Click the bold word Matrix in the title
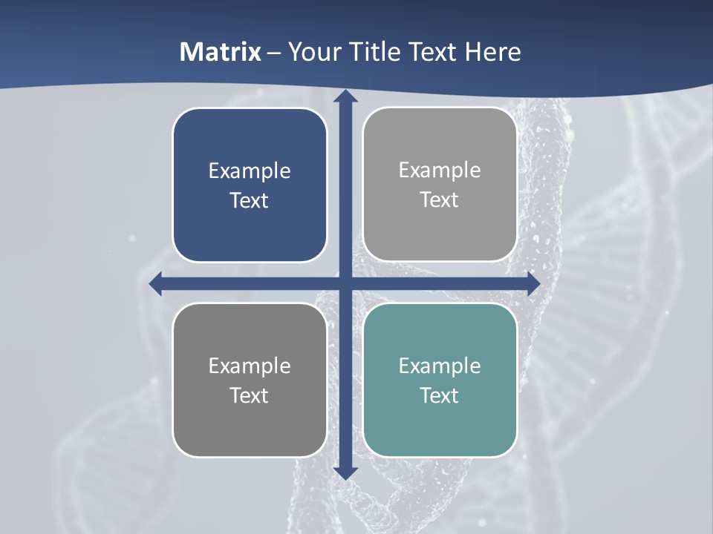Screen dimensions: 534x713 pos(221,52)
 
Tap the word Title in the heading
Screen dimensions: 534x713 pos(374,52)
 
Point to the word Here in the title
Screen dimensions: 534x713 pos(493,52)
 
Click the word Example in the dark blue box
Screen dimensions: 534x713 pos(250,171)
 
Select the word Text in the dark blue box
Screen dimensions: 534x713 pos(250,200)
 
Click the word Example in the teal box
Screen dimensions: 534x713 pos(440,366)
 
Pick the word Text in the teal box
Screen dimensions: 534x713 pos(440,395)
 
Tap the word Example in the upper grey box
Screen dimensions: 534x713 pos(440,170)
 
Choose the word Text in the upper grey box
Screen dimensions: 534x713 pos(440,200)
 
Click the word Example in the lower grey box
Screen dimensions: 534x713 pos(250,366)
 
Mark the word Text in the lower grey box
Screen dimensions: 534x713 pos(250,395)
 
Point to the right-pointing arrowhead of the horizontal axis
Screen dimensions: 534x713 pos(534,284)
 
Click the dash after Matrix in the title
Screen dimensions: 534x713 pos(275,53)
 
